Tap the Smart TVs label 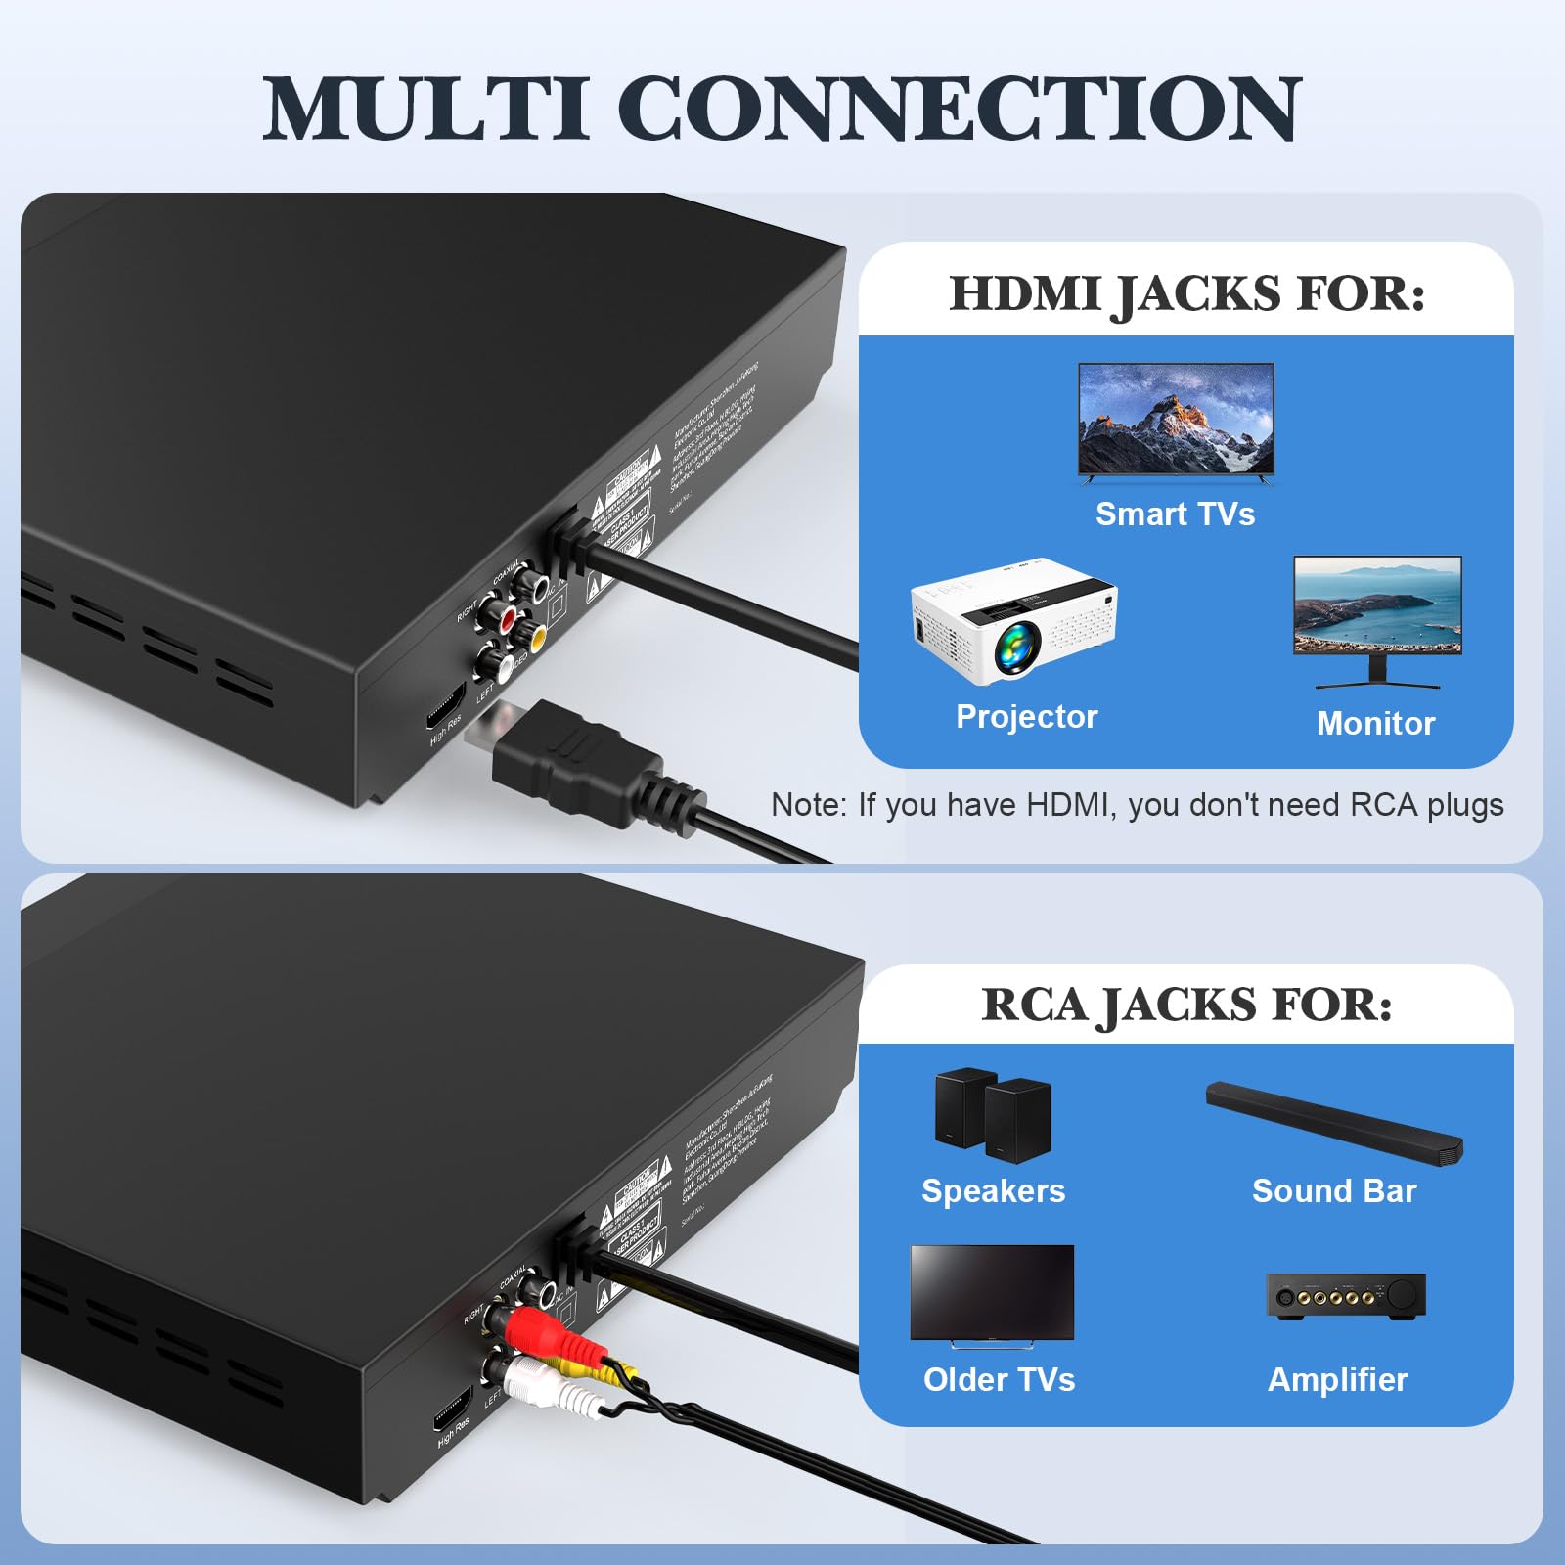[x=1175, y=514]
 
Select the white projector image [x=1013, y=620]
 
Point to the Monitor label [x=1375, y=723]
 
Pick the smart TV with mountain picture [x=1176, y=421]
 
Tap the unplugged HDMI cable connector [x=577, y=763]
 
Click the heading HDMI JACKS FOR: [x=1186, y=293]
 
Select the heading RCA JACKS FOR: [x=1186, y=1005]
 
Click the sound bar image [x=1334, y=1122]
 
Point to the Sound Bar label [x=1334, y=1190]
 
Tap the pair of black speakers [x=993, y=1115]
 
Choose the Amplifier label [x=1337, y=1379]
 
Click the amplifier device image [x=1346, y=1297]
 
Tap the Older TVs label [x=999, y=1379]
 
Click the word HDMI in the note [x=1070, y=805]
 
